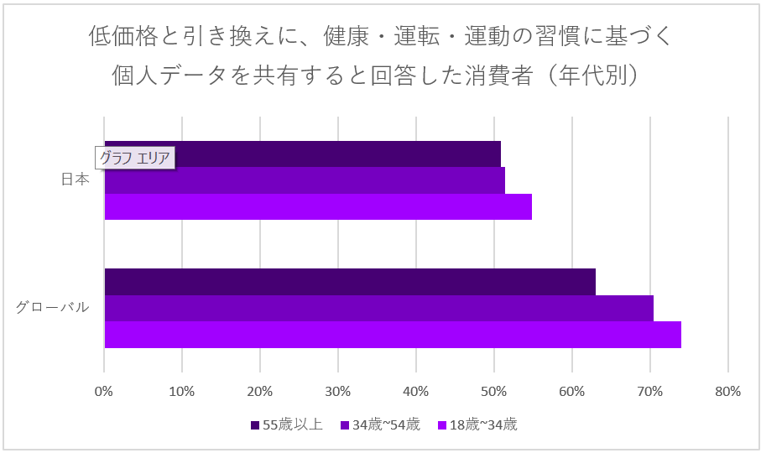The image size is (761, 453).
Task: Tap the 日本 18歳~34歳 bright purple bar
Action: tap(318, 206)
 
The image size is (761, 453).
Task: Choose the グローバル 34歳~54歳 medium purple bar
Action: tap(378, 308)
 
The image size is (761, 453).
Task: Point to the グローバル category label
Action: tap(52, 307)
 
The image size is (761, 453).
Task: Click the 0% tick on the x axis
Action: tap(104, 391)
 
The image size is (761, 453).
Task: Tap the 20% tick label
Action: tap(260, 391)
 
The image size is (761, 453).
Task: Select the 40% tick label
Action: tap(416, 391)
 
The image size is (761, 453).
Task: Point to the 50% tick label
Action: tap(494, 391)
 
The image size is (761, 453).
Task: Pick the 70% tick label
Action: tap(650, 391)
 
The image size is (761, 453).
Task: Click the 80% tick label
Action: tap(728, 391)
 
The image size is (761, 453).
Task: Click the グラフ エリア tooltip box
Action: tap(134, 158)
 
